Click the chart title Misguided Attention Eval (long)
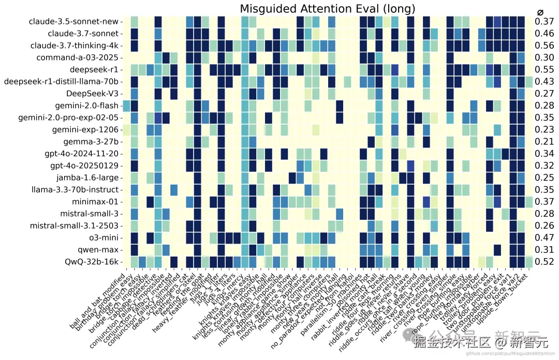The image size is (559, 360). click(327, 9)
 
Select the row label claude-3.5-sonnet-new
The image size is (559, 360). click(74, 22)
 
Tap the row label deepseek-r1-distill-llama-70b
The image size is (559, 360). click(61, 82)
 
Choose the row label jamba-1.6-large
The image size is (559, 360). click(87, 177)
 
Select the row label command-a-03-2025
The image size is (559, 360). click(78, 57)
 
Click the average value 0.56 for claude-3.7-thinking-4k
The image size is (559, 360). click(545, 46)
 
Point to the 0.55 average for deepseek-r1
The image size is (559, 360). click(545, 69)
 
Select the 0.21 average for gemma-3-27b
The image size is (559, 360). click(545, 142)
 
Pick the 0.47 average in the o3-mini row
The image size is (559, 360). click(545, 238)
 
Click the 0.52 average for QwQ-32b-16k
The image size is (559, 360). click(545, 262)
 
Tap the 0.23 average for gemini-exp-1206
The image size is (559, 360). click(545, 130)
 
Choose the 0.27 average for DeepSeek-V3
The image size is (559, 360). click(545, 94)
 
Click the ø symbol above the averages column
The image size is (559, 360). click(540, 11)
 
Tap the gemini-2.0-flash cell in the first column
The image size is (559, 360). click(126, 106)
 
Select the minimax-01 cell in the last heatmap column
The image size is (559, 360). click(528, 202)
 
